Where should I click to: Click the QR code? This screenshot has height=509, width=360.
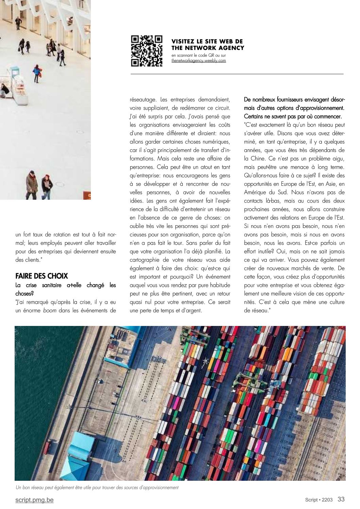[x=147, y=50]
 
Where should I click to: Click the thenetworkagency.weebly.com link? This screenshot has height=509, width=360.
[x=199, y=61]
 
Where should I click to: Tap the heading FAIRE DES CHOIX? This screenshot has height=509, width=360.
[x=42, y=276]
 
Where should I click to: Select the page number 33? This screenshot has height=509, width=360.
[x=341, y=499]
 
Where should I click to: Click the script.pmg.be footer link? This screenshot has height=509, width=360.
[x=34, y=500]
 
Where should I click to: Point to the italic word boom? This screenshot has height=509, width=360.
[x=50, y=310]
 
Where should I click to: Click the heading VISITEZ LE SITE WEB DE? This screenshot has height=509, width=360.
[x=207, y=42]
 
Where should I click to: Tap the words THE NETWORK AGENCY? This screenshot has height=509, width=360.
[x=208, y=48]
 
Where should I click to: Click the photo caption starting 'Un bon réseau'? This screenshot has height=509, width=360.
[x=97, y=488]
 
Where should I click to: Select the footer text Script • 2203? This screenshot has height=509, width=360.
[x=318, y=500]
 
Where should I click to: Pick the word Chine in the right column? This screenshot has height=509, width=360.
[x=258, y=159]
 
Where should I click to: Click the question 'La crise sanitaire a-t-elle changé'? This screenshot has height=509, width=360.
[x=65, y=285]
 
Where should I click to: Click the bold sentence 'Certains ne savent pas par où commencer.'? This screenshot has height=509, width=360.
[x=293, y=116]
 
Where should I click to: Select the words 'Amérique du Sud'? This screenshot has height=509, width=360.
[x=265, y=192]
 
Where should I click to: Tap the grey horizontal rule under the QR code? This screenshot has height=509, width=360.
[x=237, y=74]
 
